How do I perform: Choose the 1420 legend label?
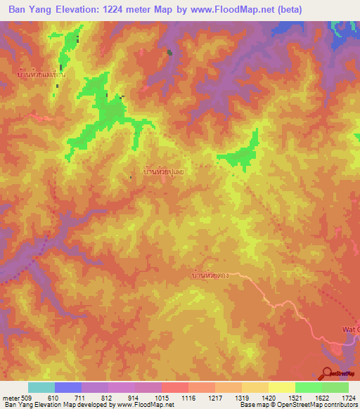[268, 398]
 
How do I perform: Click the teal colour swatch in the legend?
[41, 387]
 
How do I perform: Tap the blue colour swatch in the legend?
[68, 387]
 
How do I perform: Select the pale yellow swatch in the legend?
[281, 387]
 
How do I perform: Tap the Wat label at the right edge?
[352, 329]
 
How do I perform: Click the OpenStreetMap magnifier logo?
[328, 373]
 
